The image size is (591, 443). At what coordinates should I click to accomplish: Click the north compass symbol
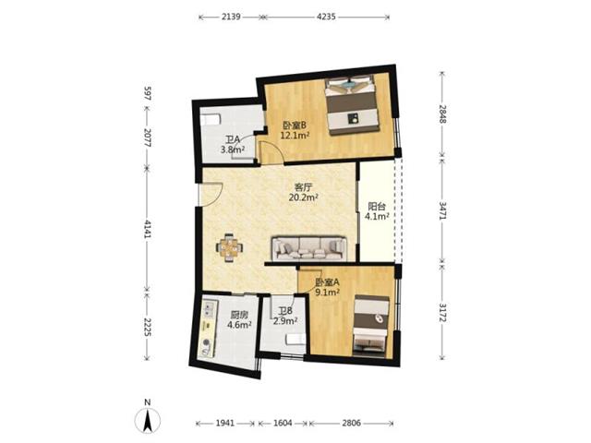[148, 419]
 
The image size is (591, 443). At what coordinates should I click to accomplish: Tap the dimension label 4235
[326, 17]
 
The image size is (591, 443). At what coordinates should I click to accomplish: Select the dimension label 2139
[231, 17]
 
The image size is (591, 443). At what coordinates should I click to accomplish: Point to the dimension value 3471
[443, 210]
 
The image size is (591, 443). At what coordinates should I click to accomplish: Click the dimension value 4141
[147, 230]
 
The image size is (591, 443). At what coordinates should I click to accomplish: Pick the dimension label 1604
[283, 423]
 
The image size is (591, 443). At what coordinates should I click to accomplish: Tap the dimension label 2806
[351, 423]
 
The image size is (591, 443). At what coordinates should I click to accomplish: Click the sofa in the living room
[309, 248]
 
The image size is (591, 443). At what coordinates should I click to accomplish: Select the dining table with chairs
[229, 248]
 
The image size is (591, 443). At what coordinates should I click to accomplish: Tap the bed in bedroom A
[370, 326]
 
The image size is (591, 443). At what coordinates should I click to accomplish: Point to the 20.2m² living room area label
[303, 197]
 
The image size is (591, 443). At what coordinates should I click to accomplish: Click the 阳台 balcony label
[377, 207]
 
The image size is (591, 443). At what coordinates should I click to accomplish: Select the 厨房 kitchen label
[239, 315]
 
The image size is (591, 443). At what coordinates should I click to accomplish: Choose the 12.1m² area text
[295, 136]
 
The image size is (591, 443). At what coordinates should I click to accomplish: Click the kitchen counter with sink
[207, 328]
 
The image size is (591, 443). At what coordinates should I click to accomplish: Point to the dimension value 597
[147, 93]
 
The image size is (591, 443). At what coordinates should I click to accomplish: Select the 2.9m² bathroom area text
[285, 321]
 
